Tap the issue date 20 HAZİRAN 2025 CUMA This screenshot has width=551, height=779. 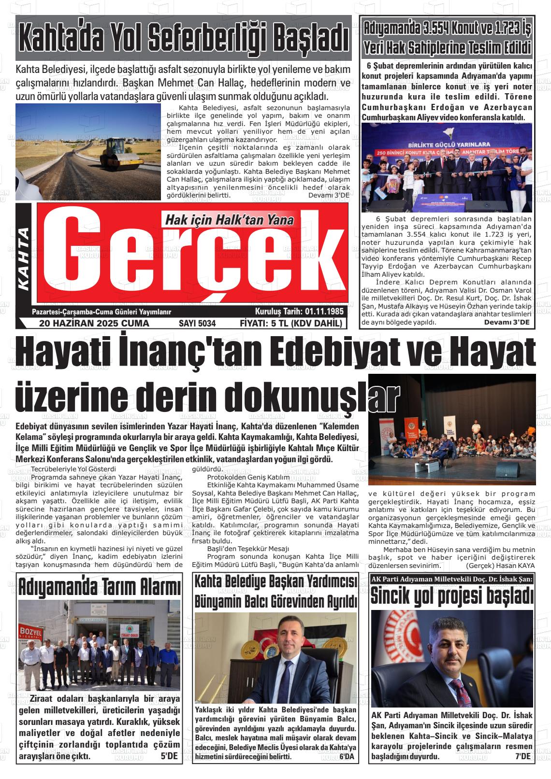point(94,324)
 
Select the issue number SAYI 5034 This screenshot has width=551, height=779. point(197,324)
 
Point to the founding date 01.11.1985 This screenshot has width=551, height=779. point(324,312)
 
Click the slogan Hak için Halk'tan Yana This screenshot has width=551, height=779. point(230,220)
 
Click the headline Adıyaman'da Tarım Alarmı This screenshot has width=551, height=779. point(100,587)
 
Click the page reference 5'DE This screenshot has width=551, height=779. point(169,756)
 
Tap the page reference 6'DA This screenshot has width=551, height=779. point(347,757)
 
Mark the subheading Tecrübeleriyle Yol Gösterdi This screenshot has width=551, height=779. point(73,469)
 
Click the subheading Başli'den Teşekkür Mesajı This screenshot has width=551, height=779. point(248,549)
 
